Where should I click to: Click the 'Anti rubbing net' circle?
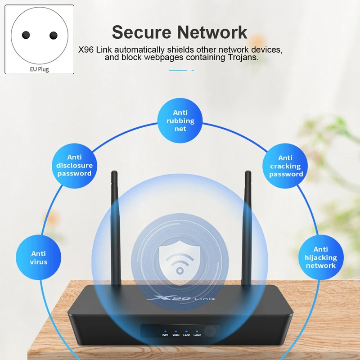(180, 121)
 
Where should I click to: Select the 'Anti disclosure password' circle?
(74, 166)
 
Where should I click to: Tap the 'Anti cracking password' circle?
(285, 166)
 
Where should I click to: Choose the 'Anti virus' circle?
(39, 257)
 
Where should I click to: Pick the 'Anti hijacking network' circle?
(321, 257)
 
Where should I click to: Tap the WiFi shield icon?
(180, 262)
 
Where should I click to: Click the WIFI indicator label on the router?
(165, 335)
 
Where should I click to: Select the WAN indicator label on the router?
(176, 335)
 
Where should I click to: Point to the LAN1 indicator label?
(186, 335)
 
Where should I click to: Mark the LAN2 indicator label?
(197, 335)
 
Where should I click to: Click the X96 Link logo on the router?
(181, 298)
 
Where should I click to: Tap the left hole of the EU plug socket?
(26, 35)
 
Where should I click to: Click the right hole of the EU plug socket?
(54, 36)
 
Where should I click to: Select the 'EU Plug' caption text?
(40, 69)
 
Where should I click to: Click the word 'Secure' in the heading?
(142, 32)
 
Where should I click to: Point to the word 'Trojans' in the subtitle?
(243, 58)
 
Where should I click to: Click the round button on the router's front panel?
(210, 331)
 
